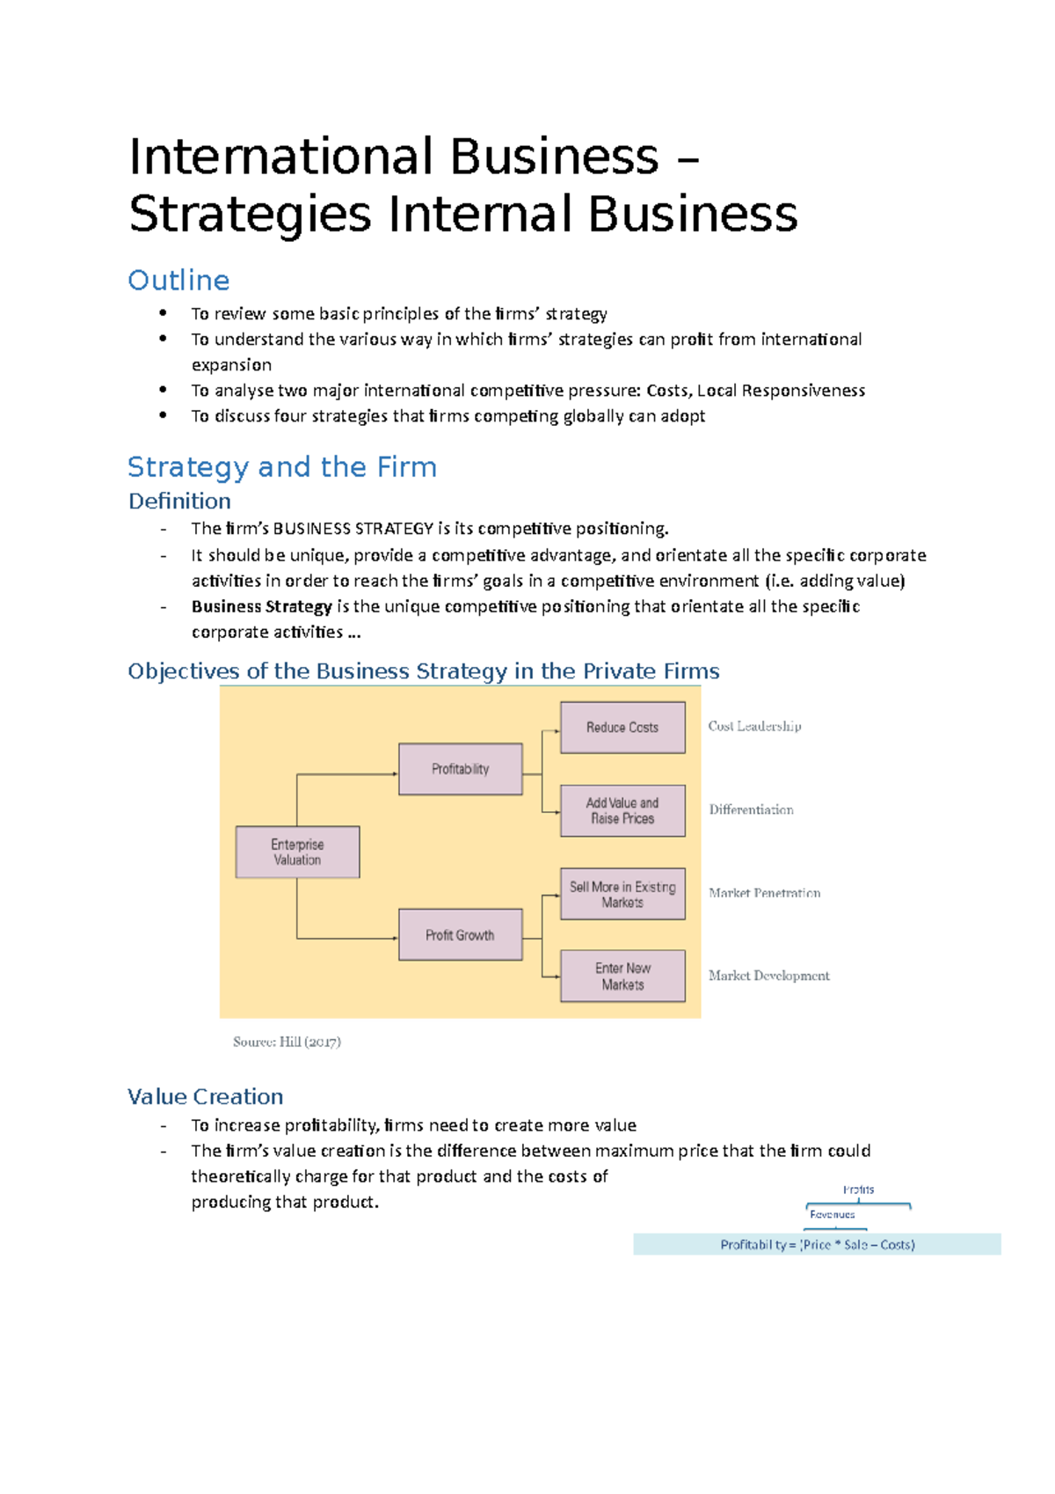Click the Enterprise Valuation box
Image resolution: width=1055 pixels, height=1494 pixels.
tap(297, 852)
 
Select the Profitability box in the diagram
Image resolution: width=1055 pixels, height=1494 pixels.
tap(460, 769)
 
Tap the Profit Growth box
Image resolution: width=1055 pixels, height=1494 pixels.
tap(460, 934)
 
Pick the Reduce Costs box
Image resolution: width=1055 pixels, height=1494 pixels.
tap(622, 728)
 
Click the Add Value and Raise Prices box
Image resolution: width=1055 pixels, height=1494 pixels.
tap(622, 810)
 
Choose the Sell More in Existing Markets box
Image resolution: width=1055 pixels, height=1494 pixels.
tap(622, 894)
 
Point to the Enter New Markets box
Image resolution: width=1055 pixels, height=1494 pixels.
tap(622, 976)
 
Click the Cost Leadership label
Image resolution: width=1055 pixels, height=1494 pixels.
tap(754, 726)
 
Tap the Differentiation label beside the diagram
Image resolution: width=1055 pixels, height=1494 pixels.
tap(751, 809)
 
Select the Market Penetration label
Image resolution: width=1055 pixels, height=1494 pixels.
tap(764, 893)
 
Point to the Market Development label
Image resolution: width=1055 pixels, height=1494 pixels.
tap(768, 976)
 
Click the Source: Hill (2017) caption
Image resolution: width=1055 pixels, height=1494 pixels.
tap(287, 1042)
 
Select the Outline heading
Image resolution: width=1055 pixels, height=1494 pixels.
tap(178, 280)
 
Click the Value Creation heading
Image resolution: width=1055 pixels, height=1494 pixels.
tap(205, 1096)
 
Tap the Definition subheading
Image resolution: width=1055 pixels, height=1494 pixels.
tap(179, 501)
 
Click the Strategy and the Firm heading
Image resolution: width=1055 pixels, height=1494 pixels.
tap(281, 466)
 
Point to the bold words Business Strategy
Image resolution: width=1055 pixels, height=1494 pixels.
tap(261, 606)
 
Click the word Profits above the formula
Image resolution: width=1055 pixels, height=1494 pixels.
tap(858, 1190)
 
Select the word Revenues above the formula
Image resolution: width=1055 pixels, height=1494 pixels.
tap(832, 1214)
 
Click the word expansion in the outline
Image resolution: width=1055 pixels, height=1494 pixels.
tap(231, 364)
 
